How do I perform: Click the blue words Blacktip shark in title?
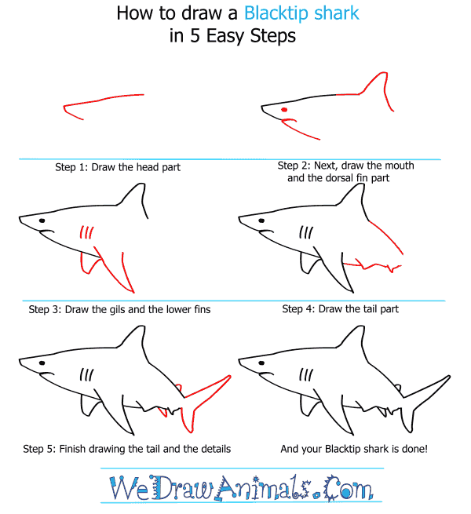pyautogui.click(x=301, y=13)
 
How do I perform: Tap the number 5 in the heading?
pyautogui.click(x=195, y=35)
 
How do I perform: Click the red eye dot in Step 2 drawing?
pyautogui.click(x=284, y=110)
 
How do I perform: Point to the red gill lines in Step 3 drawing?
pyautogui.click(x=87, y=233)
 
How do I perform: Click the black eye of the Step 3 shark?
pyautogui.click(x=42, y=221)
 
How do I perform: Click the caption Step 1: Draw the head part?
pyautogui.click(x=118, y=167)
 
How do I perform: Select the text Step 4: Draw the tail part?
pyautogui.click(x=341, y=309)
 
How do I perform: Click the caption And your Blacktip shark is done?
pyautogui.click(x=354, y=448)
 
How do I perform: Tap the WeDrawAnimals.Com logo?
pyautogui.click(x=242, y=487)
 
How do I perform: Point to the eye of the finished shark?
pyautogui.click(x=261, y=363)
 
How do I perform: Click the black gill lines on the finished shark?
pyautogui.click(x=306, y=374)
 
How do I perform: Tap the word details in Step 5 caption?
pyautogui.click(x=214, y=448)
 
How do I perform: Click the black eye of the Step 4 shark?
pyautogui.click(x=261, y=221)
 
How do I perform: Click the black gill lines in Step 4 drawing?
pyautogui.click(x=306, y=232)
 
